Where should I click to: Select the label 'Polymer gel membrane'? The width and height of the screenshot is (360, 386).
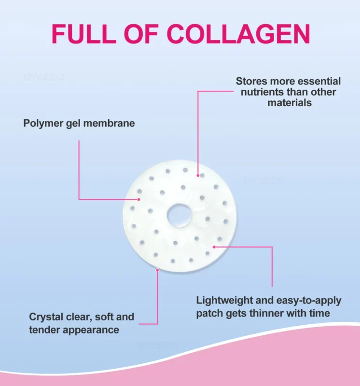(x=79, y=124)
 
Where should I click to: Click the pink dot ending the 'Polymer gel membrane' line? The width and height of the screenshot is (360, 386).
(x=139, y=198)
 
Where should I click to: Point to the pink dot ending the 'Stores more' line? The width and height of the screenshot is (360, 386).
(x=197, y=176)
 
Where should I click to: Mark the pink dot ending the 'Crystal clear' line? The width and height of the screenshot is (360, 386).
(x=157, y=270)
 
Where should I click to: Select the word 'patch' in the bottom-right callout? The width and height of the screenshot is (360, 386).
(x=210, y=313)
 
